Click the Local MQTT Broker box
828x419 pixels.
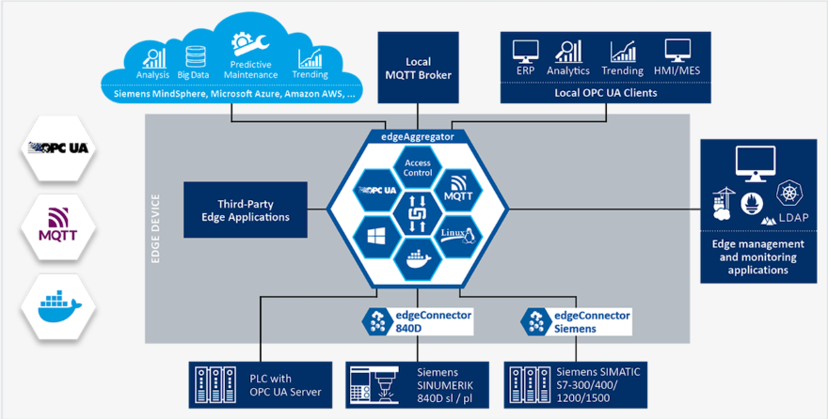pyautogui.click(x=418, y=68)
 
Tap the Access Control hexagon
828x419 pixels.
pyautogui.click(x=417, y=166)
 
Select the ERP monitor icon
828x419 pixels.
pyautogui.click(x=524, y=52)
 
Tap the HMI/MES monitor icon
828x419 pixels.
pyautogui.click(x=677, y=52)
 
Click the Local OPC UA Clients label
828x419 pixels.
pyautogui.click(x=605, y=92)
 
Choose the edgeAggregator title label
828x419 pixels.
pyautogui.click(x=417, y=136)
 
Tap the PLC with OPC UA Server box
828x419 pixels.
pyautogui.click(x=261, y=385)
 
